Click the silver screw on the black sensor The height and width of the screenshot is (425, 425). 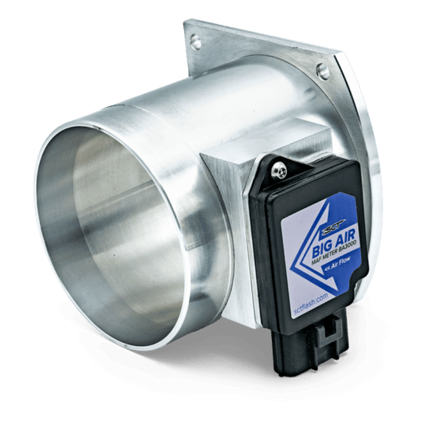click(x=281, y=170)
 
